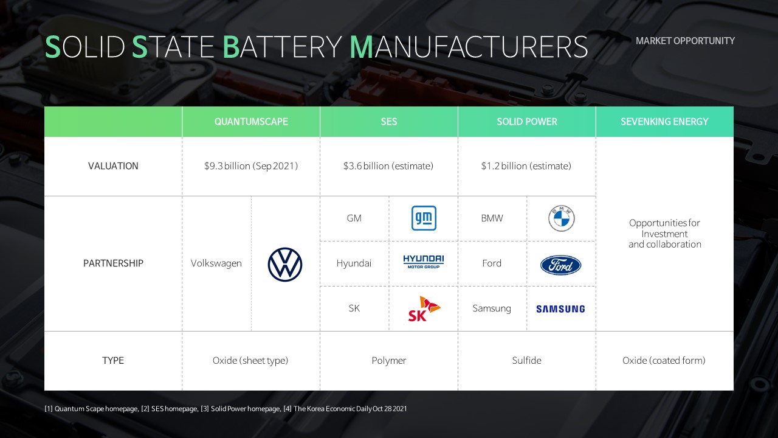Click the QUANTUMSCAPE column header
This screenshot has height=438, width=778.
coord(251,122)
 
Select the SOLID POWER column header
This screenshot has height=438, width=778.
coord(526,122)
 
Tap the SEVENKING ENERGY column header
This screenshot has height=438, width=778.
coord(664,122)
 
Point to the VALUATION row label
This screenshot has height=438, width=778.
coord(113,166)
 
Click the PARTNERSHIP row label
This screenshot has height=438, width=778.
coord(113,263)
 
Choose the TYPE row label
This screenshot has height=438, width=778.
coord(113,361)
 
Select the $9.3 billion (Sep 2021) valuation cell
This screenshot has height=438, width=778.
coord(251,166)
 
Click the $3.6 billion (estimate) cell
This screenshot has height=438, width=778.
coord(388,166)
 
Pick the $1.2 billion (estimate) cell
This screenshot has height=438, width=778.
coord(526,166)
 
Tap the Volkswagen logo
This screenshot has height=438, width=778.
coord(285,265)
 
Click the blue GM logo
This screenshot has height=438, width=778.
coord(424,218)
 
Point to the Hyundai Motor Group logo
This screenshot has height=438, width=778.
coord(424,262)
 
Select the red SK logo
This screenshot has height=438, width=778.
coord(424,308)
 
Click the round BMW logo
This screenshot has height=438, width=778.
coord(561,218)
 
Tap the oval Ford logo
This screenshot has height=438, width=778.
coord(560,265)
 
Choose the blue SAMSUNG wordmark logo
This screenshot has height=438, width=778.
coord(560,308)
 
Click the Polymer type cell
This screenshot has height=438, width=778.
coord(388,361)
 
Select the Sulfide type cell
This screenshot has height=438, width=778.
coord(526,361)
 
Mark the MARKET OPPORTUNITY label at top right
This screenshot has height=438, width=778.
coord(685,41)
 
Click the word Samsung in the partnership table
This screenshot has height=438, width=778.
coord(492,308)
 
